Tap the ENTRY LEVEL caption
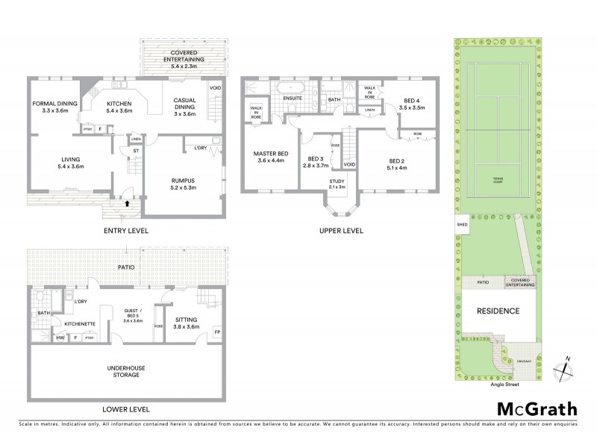125,231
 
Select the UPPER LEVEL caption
341,231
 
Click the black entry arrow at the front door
125,202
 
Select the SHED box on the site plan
457,224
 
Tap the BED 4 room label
413,104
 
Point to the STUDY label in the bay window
337,183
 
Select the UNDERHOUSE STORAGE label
126,371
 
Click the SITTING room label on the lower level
186,322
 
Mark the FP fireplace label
217,332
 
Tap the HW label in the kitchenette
60,338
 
